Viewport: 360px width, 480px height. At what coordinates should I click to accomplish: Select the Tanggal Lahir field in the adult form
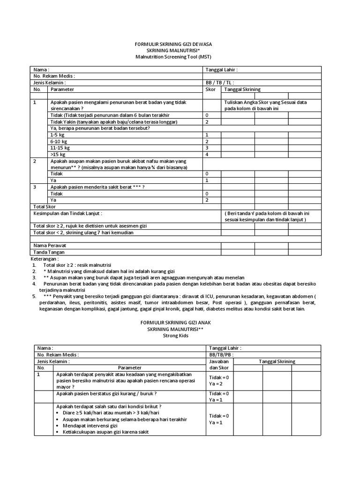(x=222, y=70)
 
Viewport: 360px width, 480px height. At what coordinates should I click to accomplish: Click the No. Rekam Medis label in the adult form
(x=54, y=76)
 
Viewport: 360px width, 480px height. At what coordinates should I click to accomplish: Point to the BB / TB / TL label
(x=221, y=82)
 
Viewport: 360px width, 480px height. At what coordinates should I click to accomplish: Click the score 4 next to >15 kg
(x=207, y=154)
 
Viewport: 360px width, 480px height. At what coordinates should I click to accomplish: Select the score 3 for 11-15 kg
(x=207, y=148)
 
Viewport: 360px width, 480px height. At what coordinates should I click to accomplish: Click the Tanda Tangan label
(x=49, y=252)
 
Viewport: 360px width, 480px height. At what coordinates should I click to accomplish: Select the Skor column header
(x=210, y=89)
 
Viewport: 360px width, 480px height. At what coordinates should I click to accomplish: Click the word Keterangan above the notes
(x=45, y=258)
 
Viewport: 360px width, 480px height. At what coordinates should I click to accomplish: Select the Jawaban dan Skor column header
(x=219, y=365)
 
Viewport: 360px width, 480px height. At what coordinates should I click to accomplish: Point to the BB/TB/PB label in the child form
(x=221, y=355)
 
